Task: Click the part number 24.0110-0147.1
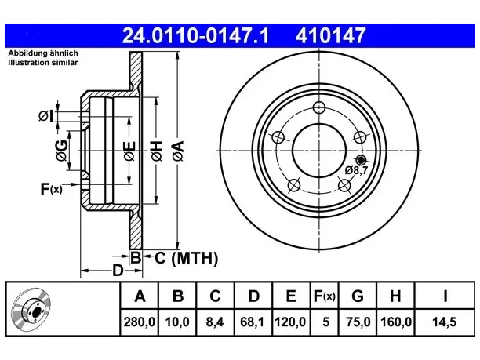point(195,35)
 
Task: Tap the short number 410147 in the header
point(331,35)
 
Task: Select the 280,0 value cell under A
point(140,322)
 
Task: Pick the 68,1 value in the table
point(253,322)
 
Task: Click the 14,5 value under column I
point(444,322)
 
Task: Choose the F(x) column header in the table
point(325,296)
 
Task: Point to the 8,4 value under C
point(215,322)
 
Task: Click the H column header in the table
point(395,296)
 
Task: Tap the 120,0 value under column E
point(290,322)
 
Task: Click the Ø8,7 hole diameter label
point(356,170)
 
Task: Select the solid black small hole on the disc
point(362,160)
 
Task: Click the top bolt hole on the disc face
point(319,107)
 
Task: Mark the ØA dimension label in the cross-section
point(178,151)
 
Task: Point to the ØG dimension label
point(61,151)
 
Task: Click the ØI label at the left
point(46,116)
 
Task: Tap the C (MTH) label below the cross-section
point(186,258)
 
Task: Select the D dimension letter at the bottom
point(118,271)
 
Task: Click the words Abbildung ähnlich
point(43,53)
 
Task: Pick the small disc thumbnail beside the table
point(31,310)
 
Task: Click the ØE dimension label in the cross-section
point(129,151)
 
